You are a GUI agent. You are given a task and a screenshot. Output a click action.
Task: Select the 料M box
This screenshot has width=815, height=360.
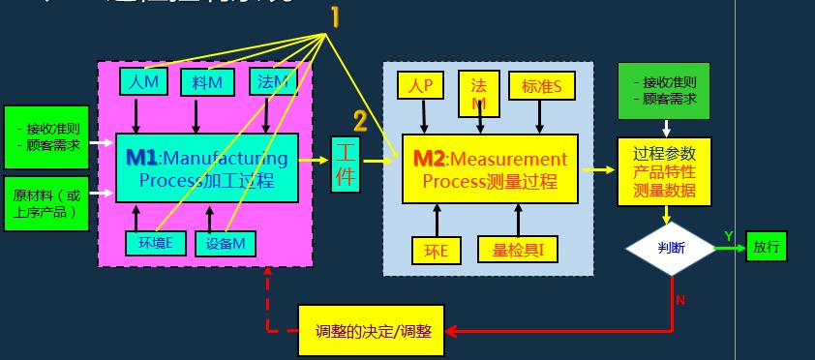(x=207, y=83)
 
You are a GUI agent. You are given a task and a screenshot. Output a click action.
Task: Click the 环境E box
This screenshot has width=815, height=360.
(x=154, y=243)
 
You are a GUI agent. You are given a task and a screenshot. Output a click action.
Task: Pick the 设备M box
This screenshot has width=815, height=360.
(x=225, y=243)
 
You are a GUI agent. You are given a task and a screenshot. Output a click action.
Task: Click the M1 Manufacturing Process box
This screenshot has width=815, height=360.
(x=207, y=167)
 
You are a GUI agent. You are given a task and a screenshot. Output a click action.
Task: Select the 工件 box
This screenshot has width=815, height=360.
(x=346, y=165)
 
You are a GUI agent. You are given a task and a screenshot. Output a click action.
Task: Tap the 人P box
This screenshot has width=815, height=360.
(x=422, y=86)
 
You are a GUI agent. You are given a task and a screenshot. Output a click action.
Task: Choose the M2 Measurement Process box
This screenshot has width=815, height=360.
(x=489, y=168)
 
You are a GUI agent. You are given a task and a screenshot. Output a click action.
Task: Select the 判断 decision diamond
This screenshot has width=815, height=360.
(x=671, y=248)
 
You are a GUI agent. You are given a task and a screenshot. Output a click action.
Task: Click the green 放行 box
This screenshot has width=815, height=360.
(x=767, y=247)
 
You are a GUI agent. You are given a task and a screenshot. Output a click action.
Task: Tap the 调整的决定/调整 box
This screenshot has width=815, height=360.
(x=372, y=330)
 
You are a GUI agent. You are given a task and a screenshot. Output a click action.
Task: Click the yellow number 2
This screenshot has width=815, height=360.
(x=360, y=121)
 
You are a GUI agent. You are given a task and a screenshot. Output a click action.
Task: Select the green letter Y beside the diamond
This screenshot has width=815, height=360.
(x=728, y=236)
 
